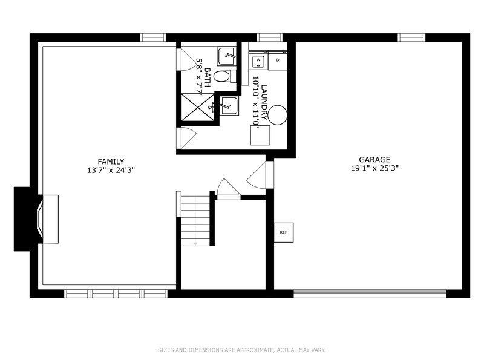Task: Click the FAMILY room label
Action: [x=111, y=162]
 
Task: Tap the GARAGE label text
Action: [x=374, y=160]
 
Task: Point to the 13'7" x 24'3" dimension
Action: [x=111, y=170]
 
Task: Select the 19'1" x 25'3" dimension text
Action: [x=374, y=168]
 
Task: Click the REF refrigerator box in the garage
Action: [x=284, y=232]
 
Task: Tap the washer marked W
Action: [x=258, y=60]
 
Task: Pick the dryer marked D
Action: [x=278, y=60]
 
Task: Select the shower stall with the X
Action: [x=198, y=108]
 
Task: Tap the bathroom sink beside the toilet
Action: [x=226, y=56]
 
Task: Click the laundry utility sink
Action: [x=229, y=106]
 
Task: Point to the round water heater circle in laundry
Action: [x=278, y=115]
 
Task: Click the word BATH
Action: [x=208, y=77]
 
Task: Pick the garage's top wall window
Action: [x=411, y=38]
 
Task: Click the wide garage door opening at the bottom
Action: [x=370, y=293]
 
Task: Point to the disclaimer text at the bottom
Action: [x=241, y=350]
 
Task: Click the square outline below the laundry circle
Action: [x=260, y=135]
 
